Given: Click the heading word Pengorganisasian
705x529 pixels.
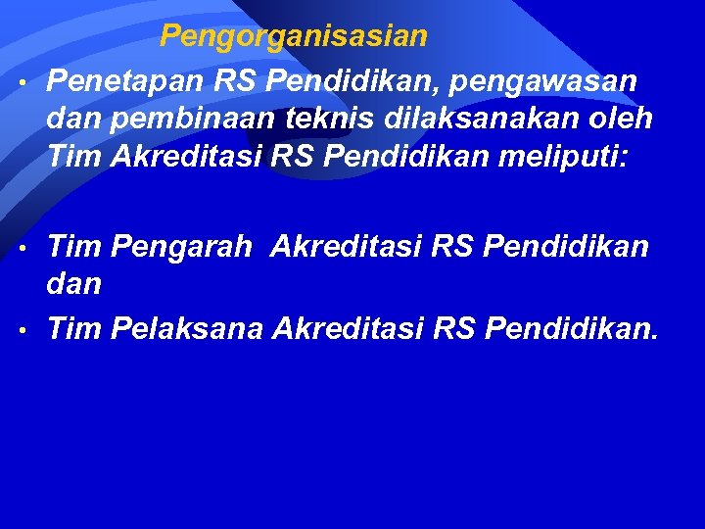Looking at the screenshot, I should click(x=294, y=37).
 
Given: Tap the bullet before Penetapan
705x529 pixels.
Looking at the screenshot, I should click(x=22, y=81).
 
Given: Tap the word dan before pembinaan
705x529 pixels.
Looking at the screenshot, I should click(x=74, y=119).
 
